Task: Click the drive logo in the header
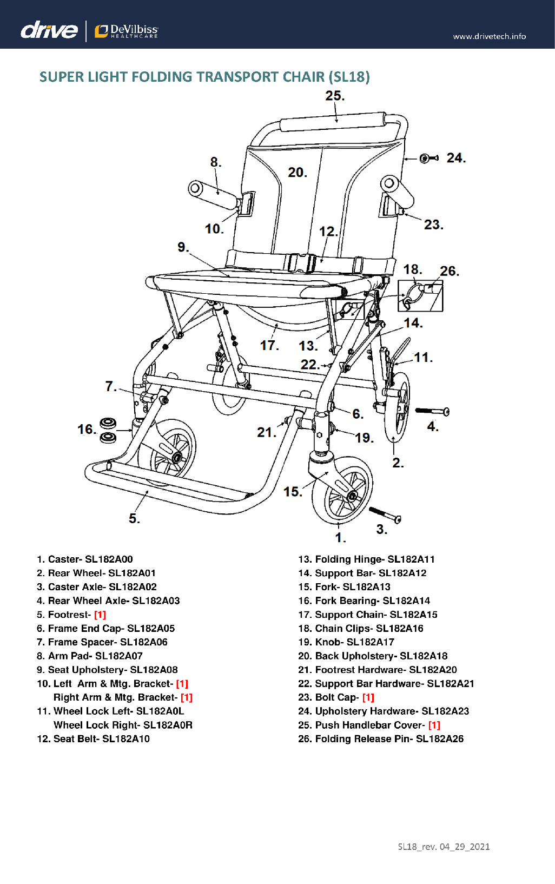point(49,30)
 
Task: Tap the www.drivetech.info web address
point(489,36)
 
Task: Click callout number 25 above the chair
point(334,96)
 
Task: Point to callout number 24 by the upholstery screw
point(455,158)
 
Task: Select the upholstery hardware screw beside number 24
point(429,158)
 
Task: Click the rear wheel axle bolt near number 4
point(432,412)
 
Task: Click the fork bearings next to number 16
point(108,430)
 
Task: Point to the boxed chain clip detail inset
point(420,295)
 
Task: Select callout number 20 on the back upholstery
point(297,173)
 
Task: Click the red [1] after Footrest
point(100,615)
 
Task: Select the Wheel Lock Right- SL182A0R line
point(123,725)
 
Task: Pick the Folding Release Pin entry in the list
point(381,739)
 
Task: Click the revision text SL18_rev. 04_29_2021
point(444,847)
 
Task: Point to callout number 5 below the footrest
point(134,518)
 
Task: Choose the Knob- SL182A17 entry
point(347,642)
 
